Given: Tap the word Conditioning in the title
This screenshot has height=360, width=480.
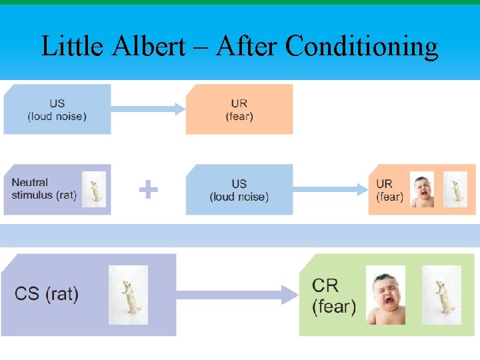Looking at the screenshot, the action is coord(362,47).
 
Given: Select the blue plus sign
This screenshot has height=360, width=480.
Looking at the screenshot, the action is coord(148,191).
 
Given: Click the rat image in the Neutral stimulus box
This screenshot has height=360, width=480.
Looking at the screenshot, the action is coord(94,189).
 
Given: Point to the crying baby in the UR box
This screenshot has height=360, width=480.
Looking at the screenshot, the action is coord(421,190).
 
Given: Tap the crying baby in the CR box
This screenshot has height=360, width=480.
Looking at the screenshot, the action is coord(385,295).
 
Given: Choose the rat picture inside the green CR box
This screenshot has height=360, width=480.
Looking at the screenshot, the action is coord(441,295).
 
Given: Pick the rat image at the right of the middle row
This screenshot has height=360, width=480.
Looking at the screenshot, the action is coord(455,189).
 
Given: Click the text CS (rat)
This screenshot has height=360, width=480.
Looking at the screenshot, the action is coord(47,294).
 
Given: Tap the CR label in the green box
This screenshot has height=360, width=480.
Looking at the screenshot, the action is coord(326,285).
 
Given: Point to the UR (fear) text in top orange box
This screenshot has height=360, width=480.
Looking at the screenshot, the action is coord(239,110).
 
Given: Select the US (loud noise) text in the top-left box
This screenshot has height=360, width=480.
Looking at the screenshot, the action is coord(57,110).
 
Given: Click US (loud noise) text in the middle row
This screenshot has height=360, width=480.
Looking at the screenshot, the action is coord(239,190).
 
